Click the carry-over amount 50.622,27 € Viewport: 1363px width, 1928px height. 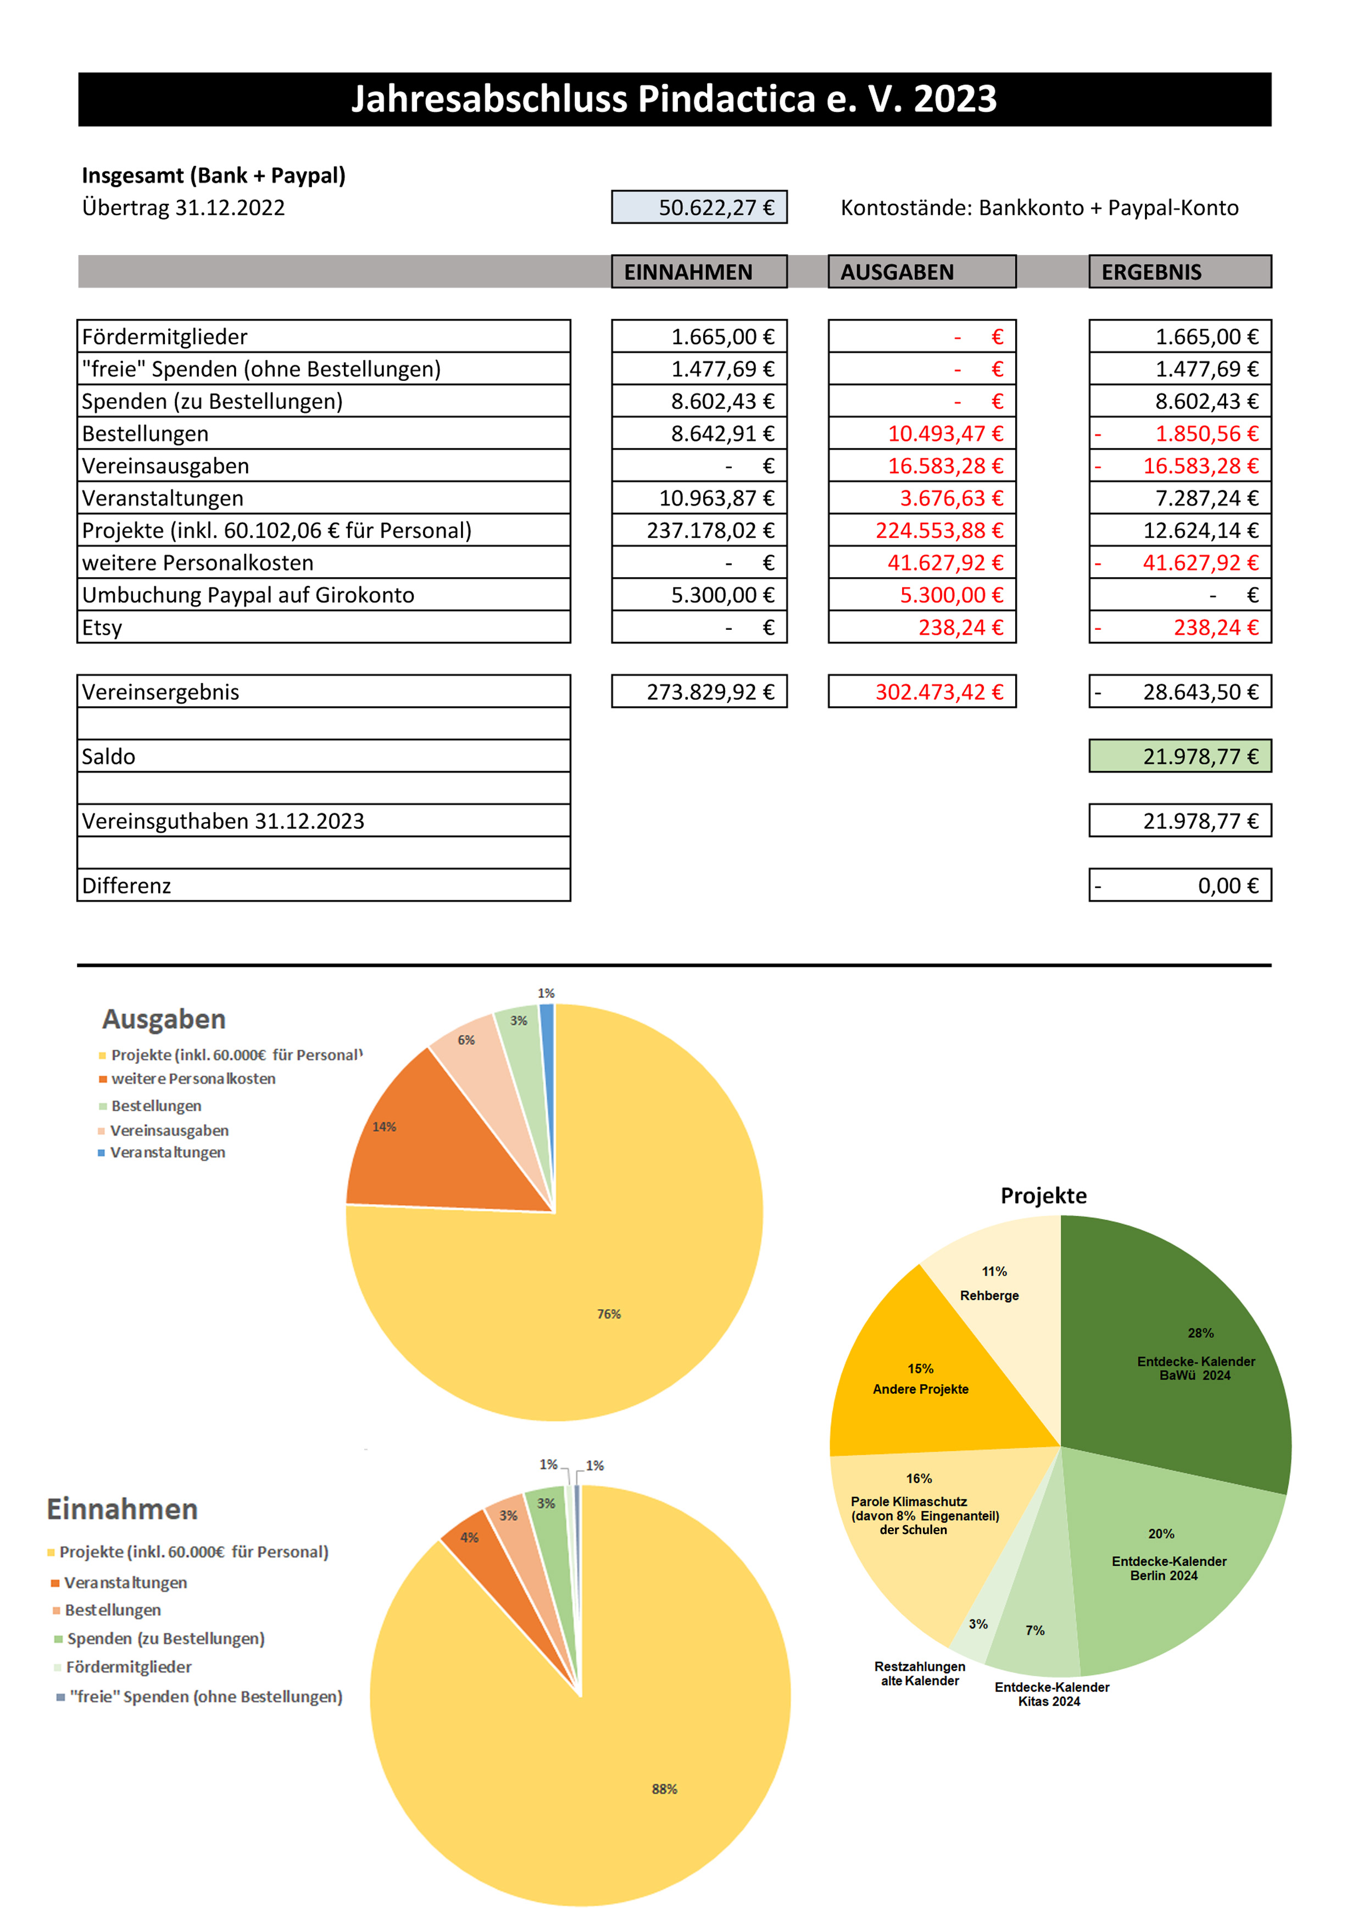coord(699,207)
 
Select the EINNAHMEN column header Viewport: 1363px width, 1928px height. coord(699,272)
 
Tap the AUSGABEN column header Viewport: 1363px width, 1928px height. coord(921,272)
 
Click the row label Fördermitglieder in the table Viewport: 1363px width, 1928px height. coord(164,337)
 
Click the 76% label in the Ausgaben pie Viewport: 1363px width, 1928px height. coord(609,1314)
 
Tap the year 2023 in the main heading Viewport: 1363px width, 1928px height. coord(955,99)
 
